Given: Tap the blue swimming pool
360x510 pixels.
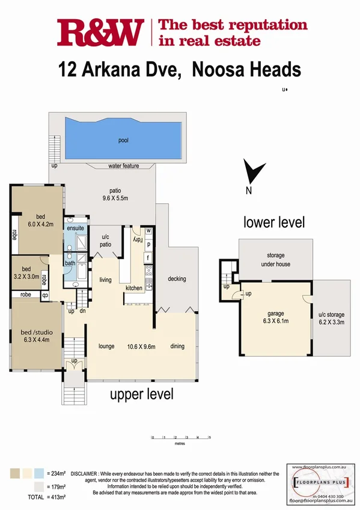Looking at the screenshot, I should (123, 140).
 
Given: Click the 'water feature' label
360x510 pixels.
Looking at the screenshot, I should (124, 165).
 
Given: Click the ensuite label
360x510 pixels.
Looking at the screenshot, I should (76, 229).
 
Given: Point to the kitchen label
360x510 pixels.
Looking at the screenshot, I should (133, 288).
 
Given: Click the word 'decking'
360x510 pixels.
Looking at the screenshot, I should (177, 278).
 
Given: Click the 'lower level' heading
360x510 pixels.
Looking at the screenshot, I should (273, 222).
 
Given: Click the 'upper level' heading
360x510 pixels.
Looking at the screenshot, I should (141, 395).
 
